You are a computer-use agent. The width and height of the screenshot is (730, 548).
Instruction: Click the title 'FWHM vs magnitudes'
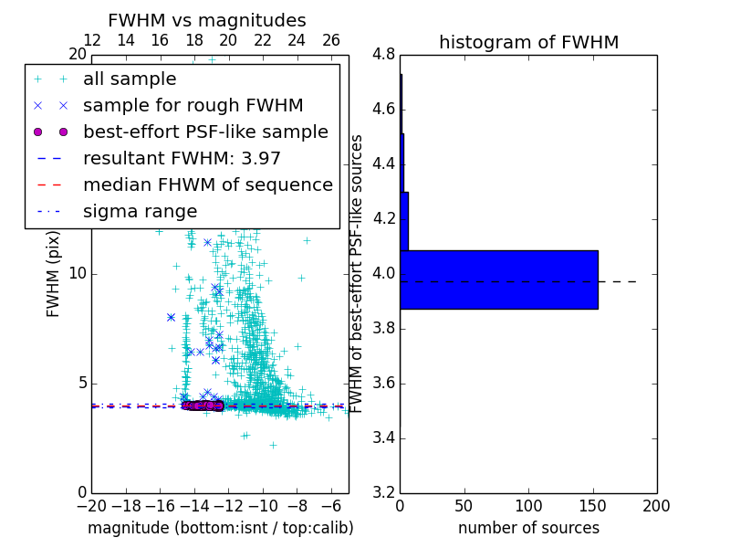tap(207, 20)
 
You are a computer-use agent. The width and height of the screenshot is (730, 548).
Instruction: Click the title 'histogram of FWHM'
tap(528, 42)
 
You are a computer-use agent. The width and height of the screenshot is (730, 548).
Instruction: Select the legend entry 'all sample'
tap(130, 79)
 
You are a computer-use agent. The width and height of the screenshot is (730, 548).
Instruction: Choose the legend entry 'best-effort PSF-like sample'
tap(205, 132)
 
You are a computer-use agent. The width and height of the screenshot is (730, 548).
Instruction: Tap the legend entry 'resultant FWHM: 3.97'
tap(182, 159)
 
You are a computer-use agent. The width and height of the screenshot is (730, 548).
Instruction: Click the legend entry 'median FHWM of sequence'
tap(207, 185)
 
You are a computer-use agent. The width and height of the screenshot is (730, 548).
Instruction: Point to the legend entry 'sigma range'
tap(140, 212)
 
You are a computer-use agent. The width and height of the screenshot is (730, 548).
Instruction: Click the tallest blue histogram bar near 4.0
tap(498, 279)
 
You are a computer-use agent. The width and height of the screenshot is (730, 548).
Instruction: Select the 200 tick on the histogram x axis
tap(656, 506)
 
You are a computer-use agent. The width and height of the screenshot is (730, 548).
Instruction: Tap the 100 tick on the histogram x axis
tap(528, 506)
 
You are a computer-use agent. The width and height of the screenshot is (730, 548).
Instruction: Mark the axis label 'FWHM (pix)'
tap(54, 274)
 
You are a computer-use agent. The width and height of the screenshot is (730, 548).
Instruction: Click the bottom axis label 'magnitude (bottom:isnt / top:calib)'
tap(220, 528)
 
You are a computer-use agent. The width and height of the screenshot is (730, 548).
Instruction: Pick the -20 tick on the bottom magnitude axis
tap(91, 506)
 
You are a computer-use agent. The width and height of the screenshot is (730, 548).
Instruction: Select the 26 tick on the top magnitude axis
tap(331, 40)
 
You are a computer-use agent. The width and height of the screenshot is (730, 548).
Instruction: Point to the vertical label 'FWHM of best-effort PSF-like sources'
tap(358, 274)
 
